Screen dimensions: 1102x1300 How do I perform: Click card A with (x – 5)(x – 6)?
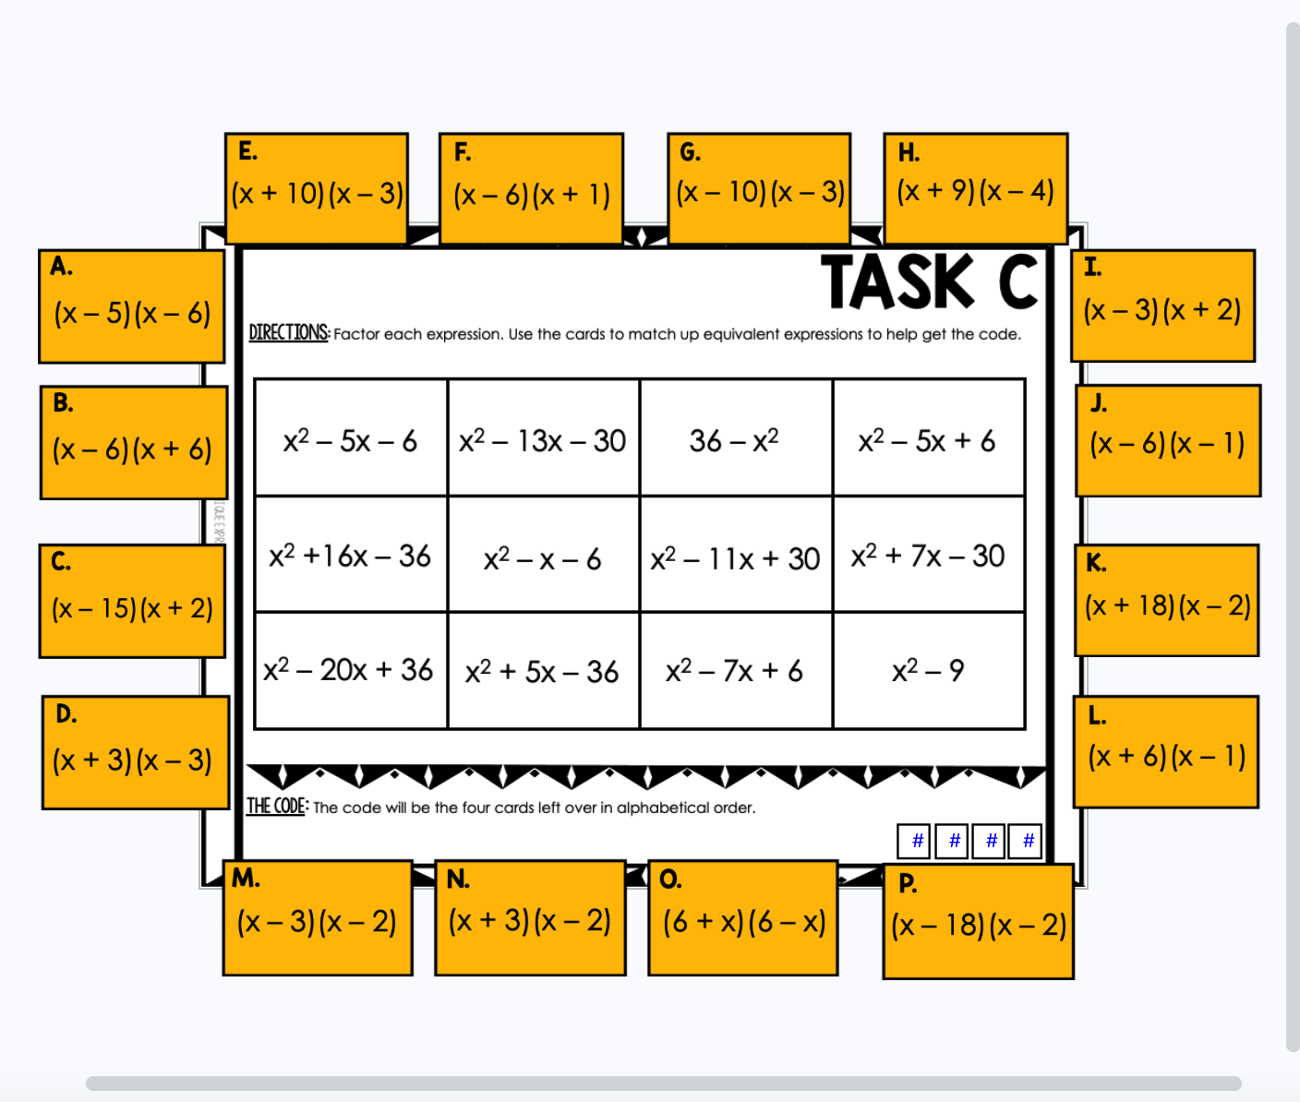coord(131,306)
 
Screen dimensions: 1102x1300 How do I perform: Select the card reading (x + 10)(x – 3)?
coord(317,189)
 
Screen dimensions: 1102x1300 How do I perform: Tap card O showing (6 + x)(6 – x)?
coord(743,918)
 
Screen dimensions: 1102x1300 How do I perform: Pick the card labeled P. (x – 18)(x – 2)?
coord(978,922)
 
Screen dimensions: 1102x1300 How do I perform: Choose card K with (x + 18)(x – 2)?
coord(1167,602)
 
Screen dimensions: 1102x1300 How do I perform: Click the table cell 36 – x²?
coord(735,439)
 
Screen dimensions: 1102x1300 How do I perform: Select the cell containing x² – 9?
coord(928,671)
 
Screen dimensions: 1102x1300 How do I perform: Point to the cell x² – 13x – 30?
coord(543,439)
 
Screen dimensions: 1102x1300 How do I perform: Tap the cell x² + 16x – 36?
coord(350,556)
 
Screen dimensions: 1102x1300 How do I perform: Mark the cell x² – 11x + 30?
coord(735,557)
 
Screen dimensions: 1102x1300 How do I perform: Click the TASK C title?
coord(930,281)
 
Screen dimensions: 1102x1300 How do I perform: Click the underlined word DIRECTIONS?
coord(288,332)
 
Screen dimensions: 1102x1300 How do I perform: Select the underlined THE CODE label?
coord(276,806)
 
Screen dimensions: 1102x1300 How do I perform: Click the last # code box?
coord(1026,841)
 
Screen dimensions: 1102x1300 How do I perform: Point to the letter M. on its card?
coord(246,878)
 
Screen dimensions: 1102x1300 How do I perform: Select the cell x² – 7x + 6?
coord(735,671)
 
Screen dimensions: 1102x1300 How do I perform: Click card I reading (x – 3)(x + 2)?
coord(1162,306)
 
